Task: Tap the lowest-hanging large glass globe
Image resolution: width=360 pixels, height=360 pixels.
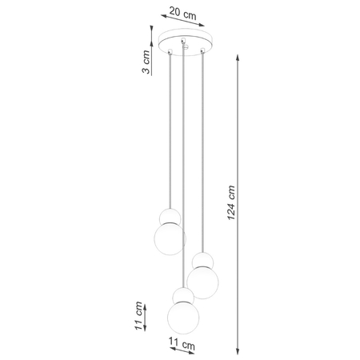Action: [x=182, y=316]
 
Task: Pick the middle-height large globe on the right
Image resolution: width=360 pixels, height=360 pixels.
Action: [x=203, y=280]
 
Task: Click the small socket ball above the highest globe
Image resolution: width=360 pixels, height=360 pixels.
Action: [x=170, y=215]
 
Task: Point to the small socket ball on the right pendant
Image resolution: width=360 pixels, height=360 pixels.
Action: [x=203, y=259]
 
